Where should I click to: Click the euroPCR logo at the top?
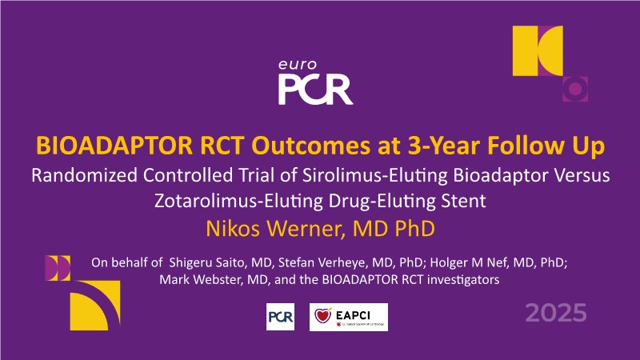click(315, 82)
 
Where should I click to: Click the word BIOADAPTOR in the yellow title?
click(114, 146)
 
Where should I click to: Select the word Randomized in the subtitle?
click(85, 175)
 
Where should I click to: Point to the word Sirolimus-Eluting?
click(375, 175)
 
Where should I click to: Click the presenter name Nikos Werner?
click(273, 229)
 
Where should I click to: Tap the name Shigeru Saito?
click(208, 262)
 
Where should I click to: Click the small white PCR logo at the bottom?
click(281, 317)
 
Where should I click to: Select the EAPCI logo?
click(349, 317)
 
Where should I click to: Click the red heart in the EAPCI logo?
click(322, 315)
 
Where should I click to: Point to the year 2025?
click(556, 313)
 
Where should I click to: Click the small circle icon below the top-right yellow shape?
click(575, 89)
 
